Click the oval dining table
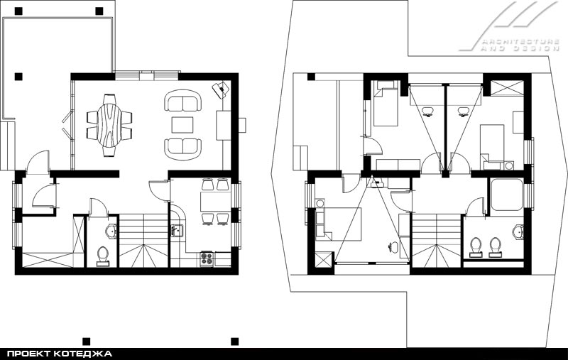point(109,125)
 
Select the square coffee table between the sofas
point(182,124)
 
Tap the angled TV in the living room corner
point(221,89)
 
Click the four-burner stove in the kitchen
point(207,258)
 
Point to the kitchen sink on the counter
point(177,230)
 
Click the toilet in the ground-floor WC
point(103,256)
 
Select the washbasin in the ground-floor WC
point(111,231)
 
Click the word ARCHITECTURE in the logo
point(520,41)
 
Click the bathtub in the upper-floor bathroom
point(507,195)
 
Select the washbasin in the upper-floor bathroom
point(518,231)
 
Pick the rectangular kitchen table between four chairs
point(216,202)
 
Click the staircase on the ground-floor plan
point(144,241)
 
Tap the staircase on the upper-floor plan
point(437,241)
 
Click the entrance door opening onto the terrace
point(39,162)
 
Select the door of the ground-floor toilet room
point(98,207)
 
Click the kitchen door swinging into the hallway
point(159,190)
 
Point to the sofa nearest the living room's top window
point(182,100)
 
